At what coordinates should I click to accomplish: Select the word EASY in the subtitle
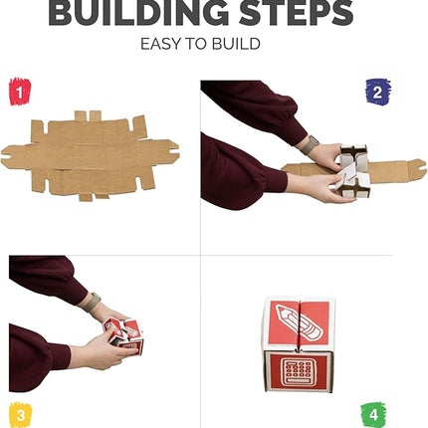click(162, 45)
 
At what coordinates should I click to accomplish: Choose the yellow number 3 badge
click(21, 411)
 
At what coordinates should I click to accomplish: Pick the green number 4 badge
click(373, 412)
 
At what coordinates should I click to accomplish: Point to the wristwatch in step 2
click(311, 145)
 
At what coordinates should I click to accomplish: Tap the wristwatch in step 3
click(92, 302)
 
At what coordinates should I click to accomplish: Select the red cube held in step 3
click(125, 334)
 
